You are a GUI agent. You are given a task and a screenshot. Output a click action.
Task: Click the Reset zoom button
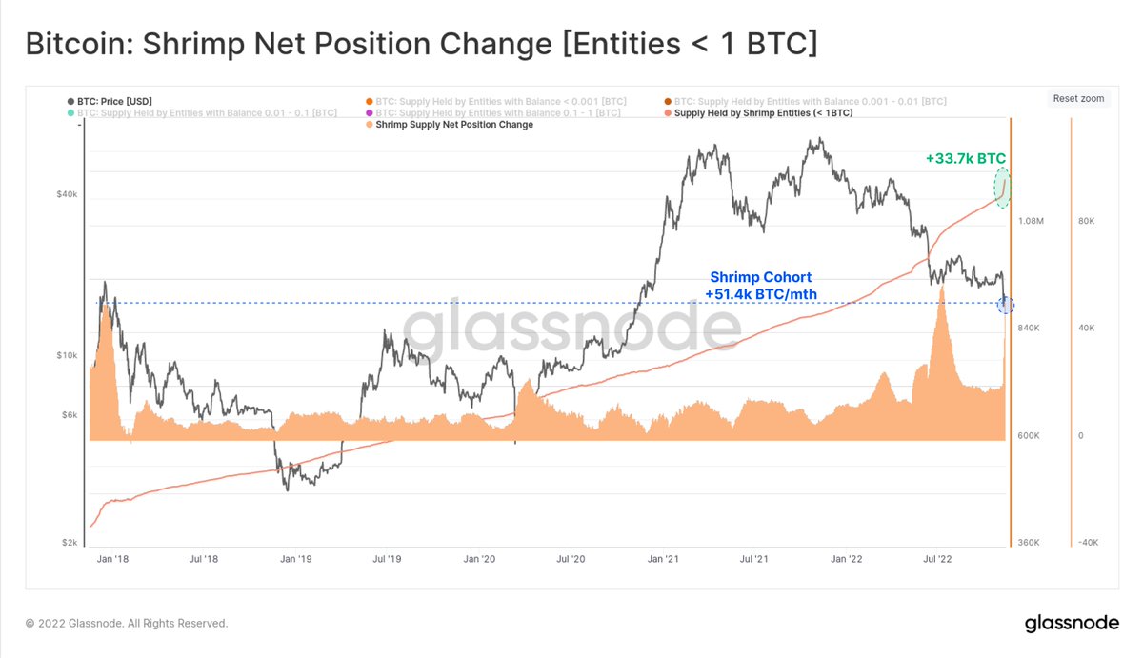pos(1079,98)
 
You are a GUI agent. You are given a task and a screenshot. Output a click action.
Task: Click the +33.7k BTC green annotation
pos(965,158)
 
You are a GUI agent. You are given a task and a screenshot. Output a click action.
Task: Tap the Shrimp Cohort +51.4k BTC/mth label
pos(760,286)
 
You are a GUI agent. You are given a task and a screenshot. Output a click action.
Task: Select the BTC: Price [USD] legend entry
pos(110,101)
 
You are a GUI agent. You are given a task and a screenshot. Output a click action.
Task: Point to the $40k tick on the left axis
pos(67,194)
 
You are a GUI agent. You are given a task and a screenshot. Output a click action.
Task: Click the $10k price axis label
pos(67,355)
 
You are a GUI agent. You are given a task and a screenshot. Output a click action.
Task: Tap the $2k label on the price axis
pos(69,543)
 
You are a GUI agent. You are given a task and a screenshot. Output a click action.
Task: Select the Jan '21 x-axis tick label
pos(663,560)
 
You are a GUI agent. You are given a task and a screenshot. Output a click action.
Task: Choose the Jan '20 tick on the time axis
pos(479,560)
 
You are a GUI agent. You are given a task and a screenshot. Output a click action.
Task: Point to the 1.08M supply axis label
pos(1032,221)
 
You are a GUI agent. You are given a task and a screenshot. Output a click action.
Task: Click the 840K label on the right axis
pos(1032,329)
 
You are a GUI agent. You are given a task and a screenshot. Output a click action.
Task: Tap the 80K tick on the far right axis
pos(1087,221)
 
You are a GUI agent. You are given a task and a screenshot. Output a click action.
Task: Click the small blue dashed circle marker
pos(1005,305)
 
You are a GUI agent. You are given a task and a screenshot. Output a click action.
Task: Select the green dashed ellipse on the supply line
pos(1002,188)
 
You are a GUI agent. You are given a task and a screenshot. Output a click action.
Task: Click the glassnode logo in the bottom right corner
pos(1071,624)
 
